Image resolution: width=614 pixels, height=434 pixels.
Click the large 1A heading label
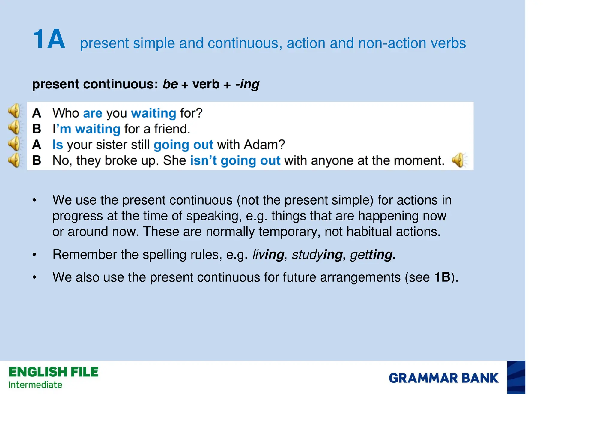point(49,39)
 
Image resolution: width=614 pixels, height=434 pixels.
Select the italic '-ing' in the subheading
point(247,84)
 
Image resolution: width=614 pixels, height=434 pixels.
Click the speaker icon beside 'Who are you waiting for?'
point(14,111)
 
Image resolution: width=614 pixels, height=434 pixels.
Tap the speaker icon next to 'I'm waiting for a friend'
point(14,127)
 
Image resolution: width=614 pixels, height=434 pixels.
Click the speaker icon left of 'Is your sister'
point(14,144)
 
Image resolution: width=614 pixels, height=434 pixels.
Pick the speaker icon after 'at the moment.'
point(459,160)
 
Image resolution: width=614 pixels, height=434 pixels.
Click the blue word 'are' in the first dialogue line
point(93,113)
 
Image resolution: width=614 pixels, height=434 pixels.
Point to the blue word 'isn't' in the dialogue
point(203,160)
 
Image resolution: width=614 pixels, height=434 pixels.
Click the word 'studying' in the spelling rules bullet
point(317,255)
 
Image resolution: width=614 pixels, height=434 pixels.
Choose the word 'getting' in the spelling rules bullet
point(371,255)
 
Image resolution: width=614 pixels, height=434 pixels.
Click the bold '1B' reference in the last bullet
point(442,277)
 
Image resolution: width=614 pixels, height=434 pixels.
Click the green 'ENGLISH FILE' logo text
point(54,372)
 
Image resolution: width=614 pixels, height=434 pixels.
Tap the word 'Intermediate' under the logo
point(35,385)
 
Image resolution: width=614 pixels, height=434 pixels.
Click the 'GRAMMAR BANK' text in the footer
point(443,378)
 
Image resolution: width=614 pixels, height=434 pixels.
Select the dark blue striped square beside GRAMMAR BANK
point(516,377)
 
